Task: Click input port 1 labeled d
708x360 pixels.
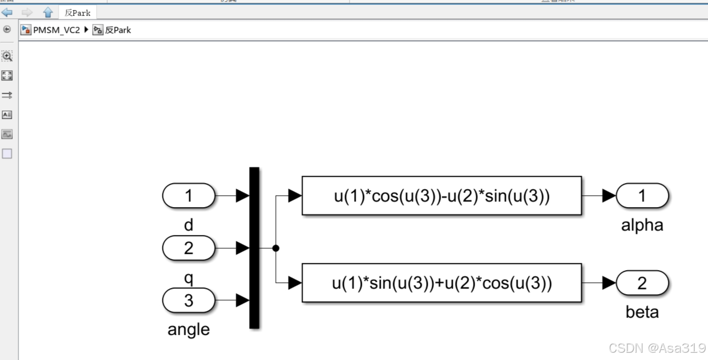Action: (189, 196)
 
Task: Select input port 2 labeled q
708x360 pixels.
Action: (189, 248)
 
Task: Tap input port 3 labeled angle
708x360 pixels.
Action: (189, 300)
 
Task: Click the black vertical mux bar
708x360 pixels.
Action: (254, 248)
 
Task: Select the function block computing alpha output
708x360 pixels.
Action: (441, 196)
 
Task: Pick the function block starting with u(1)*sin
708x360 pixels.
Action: (441, 283)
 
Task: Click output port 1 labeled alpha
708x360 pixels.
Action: (642, 196)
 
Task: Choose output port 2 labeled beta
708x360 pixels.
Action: (642, 283)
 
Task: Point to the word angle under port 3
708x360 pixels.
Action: (189, 329)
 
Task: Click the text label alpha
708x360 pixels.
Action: (642, 225)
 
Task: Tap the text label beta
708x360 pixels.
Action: (642, 312)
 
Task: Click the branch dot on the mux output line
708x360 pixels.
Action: (275, 248)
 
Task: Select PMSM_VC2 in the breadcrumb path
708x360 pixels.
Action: (56, 30)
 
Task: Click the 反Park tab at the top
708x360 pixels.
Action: (78, 12)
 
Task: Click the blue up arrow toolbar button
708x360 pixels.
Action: (48, 12)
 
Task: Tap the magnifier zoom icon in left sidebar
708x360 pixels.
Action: (7, 56)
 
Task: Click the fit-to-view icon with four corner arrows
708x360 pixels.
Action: (7, 75)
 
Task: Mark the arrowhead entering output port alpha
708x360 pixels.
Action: (609, 196)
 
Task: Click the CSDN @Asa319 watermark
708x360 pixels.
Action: (657, 348)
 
